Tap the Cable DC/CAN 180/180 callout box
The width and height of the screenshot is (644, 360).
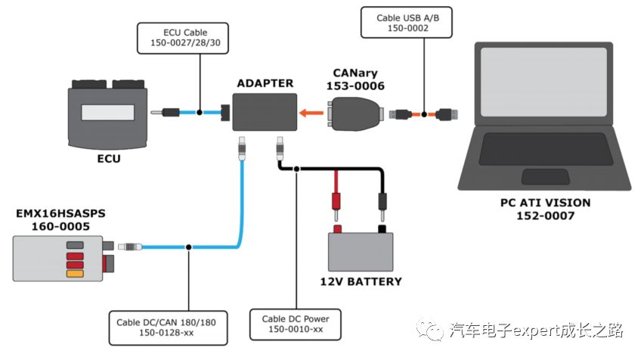pyautogui.click(x=166, y=327)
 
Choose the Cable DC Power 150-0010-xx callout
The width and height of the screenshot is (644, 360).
pyautogui.click(x=296, y=324)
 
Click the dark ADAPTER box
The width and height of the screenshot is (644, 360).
pyautogui.click(x=263, y=113)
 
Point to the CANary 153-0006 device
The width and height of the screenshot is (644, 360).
pyautogui.click(x=358, y=115)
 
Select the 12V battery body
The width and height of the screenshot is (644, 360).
pyautogui.click(x=361, y=253)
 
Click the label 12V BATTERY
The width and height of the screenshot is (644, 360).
pyautogui.click(x=361, y=282)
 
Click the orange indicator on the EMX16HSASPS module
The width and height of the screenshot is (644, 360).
pyautogui.click(x=75, y=274)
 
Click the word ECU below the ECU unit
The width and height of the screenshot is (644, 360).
pyautogui.click(x=107, y=160)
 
